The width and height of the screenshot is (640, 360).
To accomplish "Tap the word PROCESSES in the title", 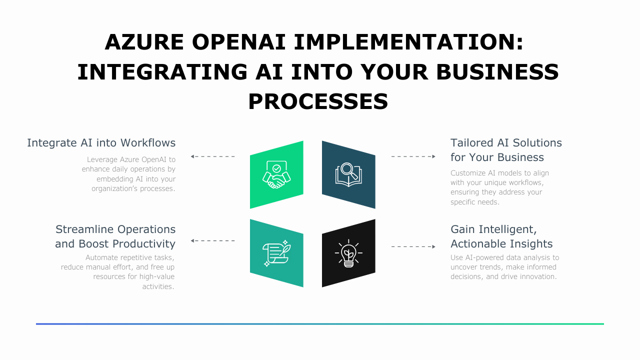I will pyautogui.click(x=318, y=101).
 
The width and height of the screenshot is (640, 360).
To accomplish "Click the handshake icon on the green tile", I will pyautogui.click(x=276, y=174).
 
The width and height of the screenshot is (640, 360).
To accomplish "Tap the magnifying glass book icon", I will pyautogui.click(x=348, y=174).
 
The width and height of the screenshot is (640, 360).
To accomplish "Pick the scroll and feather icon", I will pyautogui.click(x=276, y=253).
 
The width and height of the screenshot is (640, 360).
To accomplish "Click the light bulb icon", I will pyautogui.click(x=348, y=253).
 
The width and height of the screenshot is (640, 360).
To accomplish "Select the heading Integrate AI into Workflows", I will pyautogui.click(x=101, y=143).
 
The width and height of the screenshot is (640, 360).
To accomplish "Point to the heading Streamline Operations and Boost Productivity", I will pyautogui.click(x=115, y=236).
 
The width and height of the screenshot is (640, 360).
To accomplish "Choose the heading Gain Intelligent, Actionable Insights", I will pyautogui.click(x=501, y=236).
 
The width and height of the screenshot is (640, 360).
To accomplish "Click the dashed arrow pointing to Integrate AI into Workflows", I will pyautogui.click(x=212, y=156).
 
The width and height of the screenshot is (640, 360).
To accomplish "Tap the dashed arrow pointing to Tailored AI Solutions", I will pyautogui.click(x=413, y=156).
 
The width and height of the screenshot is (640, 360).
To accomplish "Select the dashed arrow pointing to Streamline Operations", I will pyautogui.click(x=212, y=240).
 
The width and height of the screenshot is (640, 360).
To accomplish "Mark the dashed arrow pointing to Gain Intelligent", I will pyautogui.click(x=413, y=246).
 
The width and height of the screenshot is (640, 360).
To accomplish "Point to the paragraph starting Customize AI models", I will pyautogui.click(x=499, y=187).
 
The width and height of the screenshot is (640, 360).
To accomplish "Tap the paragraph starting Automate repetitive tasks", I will pyautogui.click(x=118, y=272).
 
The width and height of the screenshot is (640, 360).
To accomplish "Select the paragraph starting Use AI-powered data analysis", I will pyautogui.click(x=504, y=267).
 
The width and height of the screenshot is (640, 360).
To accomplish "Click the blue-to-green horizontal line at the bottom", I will pyautogui.click(x=320, y=324).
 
